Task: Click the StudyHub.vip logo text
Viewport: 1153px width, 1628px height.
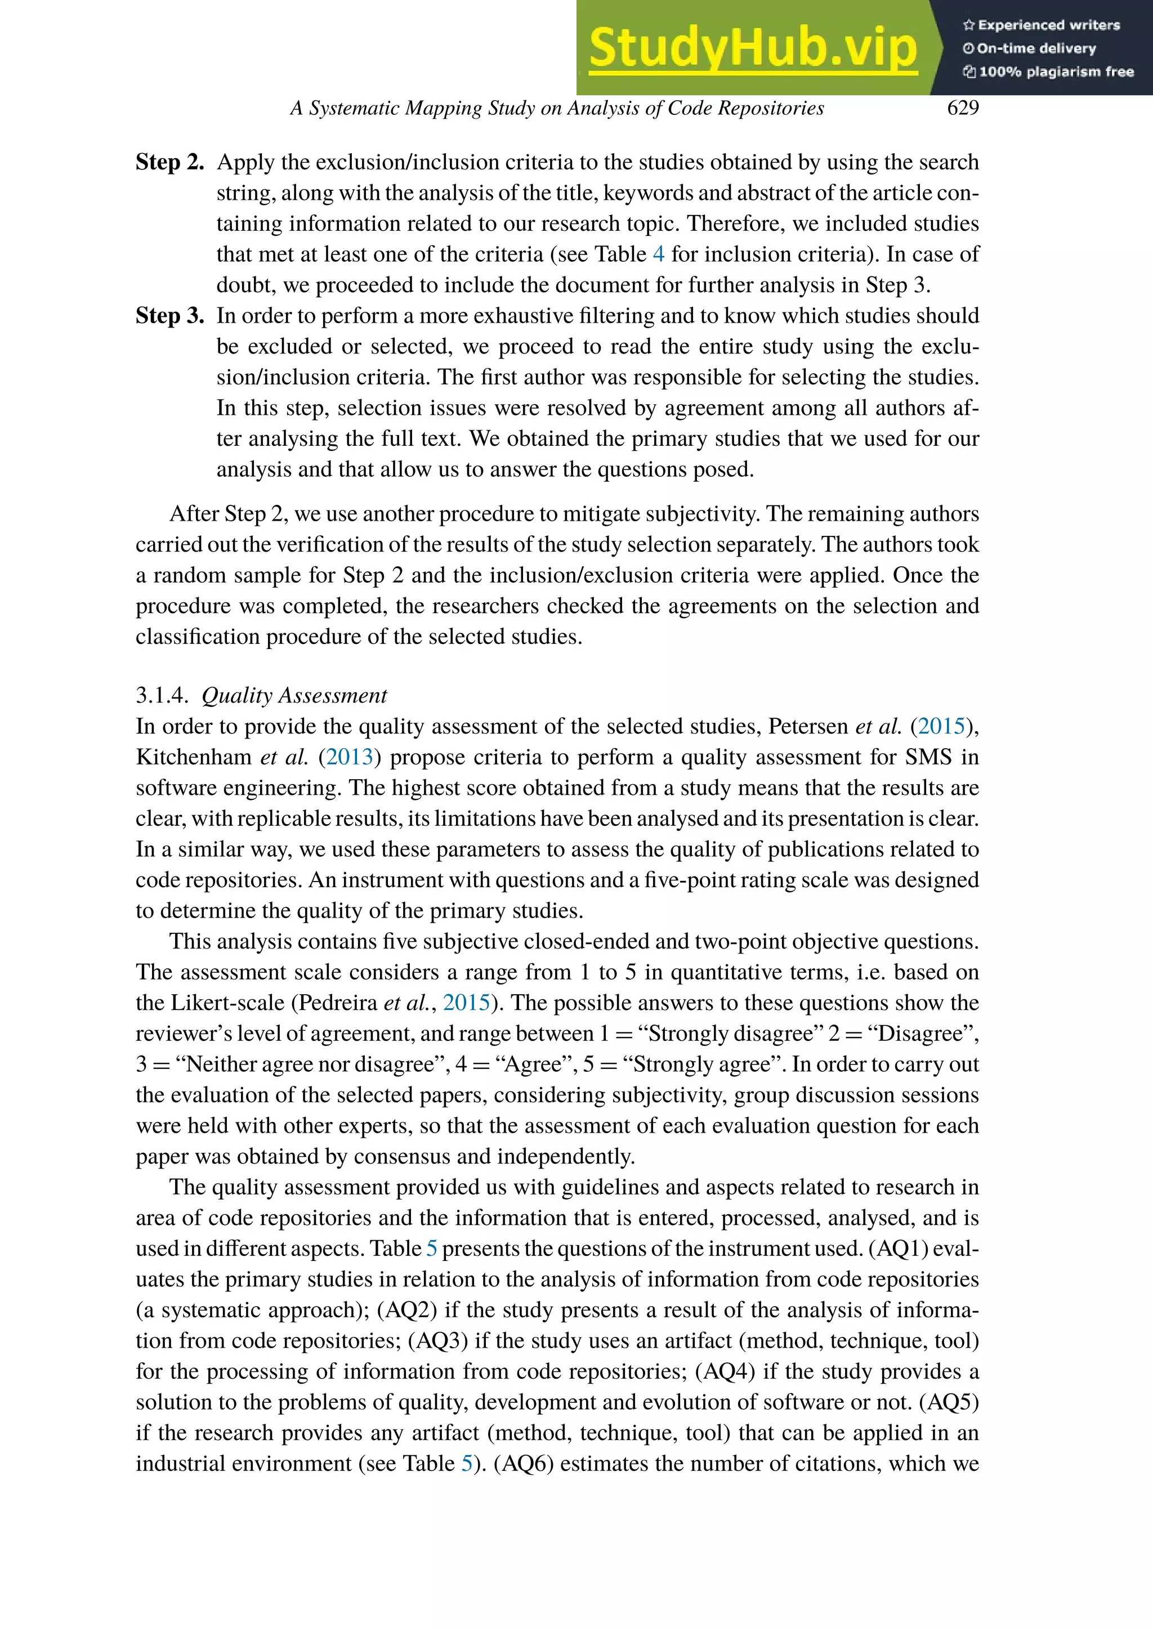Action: point(753,48)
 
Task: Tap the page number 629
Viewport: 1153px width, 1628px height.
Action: point(963,108)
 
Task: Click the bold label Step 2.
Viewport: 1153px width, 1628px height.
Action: point(169,162)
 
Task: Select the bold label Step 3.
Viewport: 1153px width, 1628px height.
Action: point(169,315)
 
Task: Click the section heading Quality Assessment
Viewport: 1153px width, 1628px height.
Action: point(294,695)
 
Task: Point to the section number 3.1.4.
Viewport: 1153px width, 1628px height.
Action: point(162,695)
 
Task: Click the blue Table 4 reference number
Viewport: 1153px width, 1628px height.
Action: point(658,254)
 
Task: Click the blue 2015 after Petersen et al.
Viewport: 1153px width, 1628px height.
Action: point(941,726)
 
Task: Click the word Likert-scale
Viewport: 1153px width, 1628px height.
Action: point(231,1003)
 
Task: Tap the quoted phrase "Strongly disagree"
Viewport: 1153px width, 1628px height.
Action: point(729,1033)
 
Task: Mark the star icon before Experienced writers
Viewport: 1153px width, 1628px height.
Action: point(968,25)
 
